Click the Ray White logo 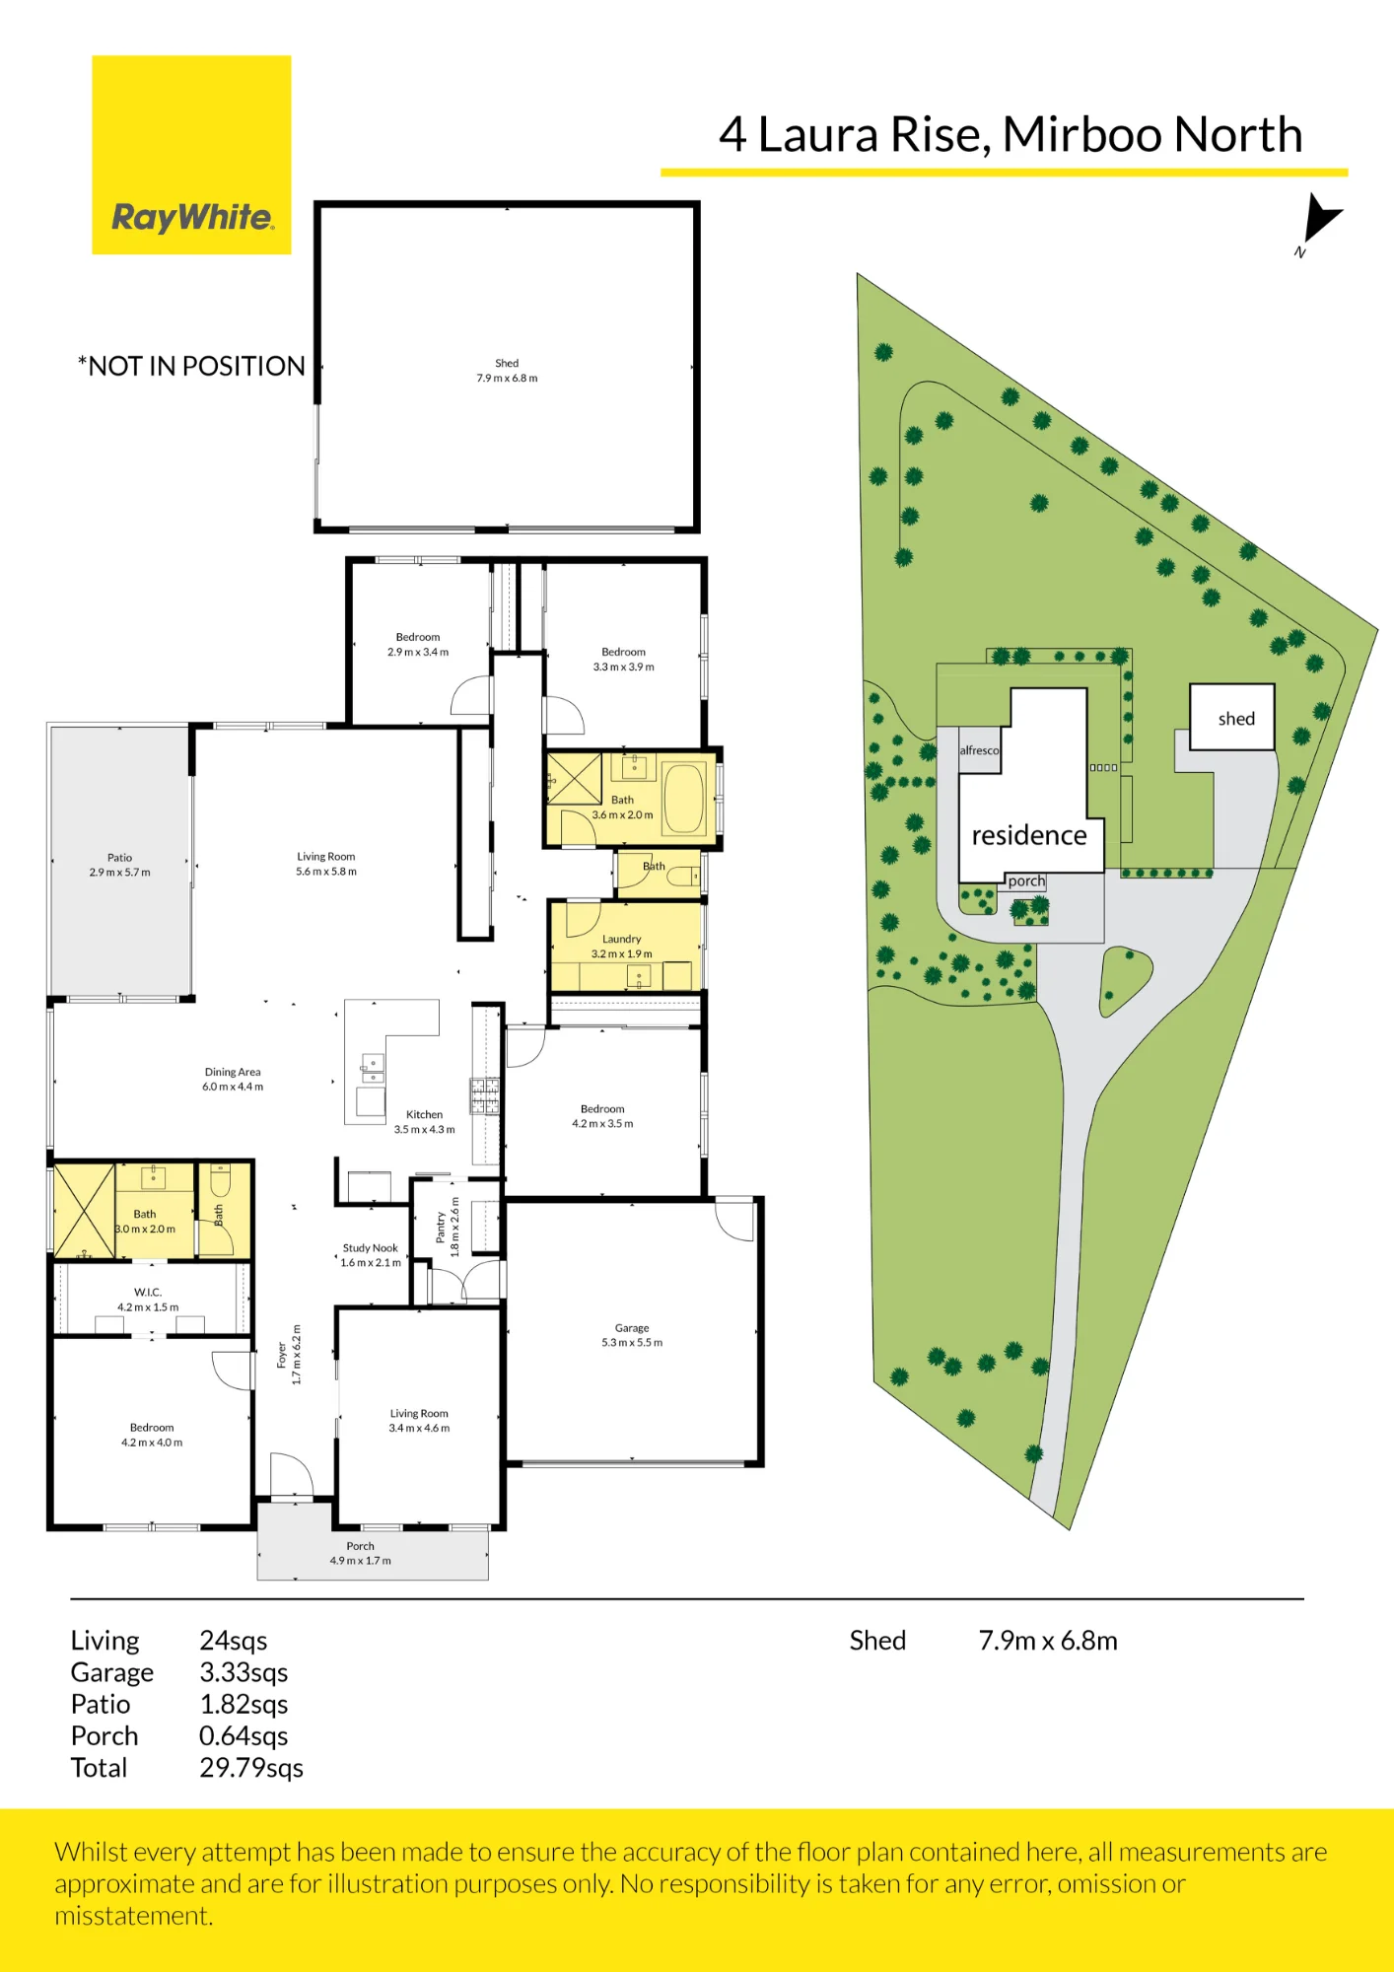click(191, 155)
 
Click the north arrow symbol click(1320, 219)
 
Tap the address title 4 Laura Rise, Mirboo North click(1011, 134)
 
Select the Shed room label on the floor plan click(507, 363)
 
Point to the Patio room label click(119, 858)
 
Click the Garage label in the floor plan click(632, 1328)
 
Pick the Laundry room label click(621, 939)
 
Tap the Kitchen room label click(424, 1114)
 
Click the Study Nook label click(371, 1248)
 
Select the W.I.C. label click(148, 1292)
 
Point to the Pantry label click(441, 1227)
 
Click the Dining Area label click(233, 1072)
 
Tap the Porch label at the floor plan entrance click(360, 1546)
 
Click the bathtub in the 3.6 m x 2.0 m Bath click(684, 799)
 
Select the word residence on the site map click(1029, 835)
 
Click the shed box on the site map click(1232, 717)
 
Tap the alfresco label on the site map click(979, 750)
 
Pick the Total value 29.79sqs click(251, 1768)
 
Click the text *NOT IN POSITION click(191, 366)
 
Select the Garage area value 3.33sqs click(244, 1672)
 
